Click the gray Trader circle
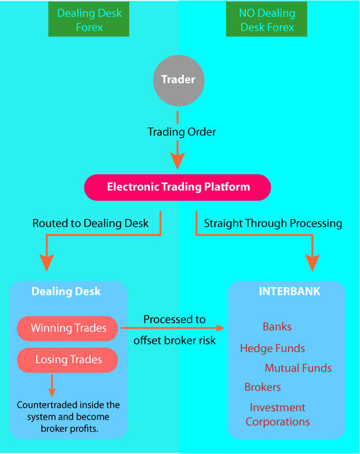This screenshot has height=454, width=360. coord(178,80)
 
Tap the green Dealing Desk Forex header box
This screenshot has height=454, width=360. coord(89,21)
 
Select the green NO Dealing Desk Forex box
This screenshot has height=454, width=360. coord(266,21)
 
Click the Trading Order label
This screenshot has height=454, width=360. coord(181,132)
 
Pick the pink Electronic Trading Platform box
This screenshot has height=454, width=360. coord(178,187)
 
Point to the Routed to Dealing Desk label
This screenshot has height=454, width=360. coord(90,223)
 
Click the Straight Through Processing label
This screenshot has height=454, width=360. coord(273,223)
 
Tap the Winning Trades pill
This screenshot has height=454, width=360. coord(68,328)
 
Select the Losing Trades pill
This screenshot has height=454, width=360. coord(68,360)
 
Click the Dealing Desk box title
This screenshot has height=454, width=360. coord(66,292)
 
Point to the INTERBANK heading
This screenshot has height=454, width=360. coord(290,291)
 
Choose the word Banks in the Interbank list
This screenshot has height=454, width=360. coord(277,327)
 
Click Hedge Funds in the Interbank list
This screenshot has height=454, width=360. coord(272,349)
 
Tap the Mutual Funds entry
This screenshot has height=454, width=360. coord(298,368)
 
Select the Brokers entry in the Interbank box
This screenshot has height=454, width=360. coord(263,387)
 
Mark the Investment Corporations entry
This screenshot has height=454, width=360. coord(277,415)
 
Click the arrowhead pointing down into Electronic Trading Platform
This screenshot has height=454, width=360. coord(177,161)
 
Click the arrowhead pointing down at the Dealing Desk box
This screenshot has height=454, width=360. coord(46,264)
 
